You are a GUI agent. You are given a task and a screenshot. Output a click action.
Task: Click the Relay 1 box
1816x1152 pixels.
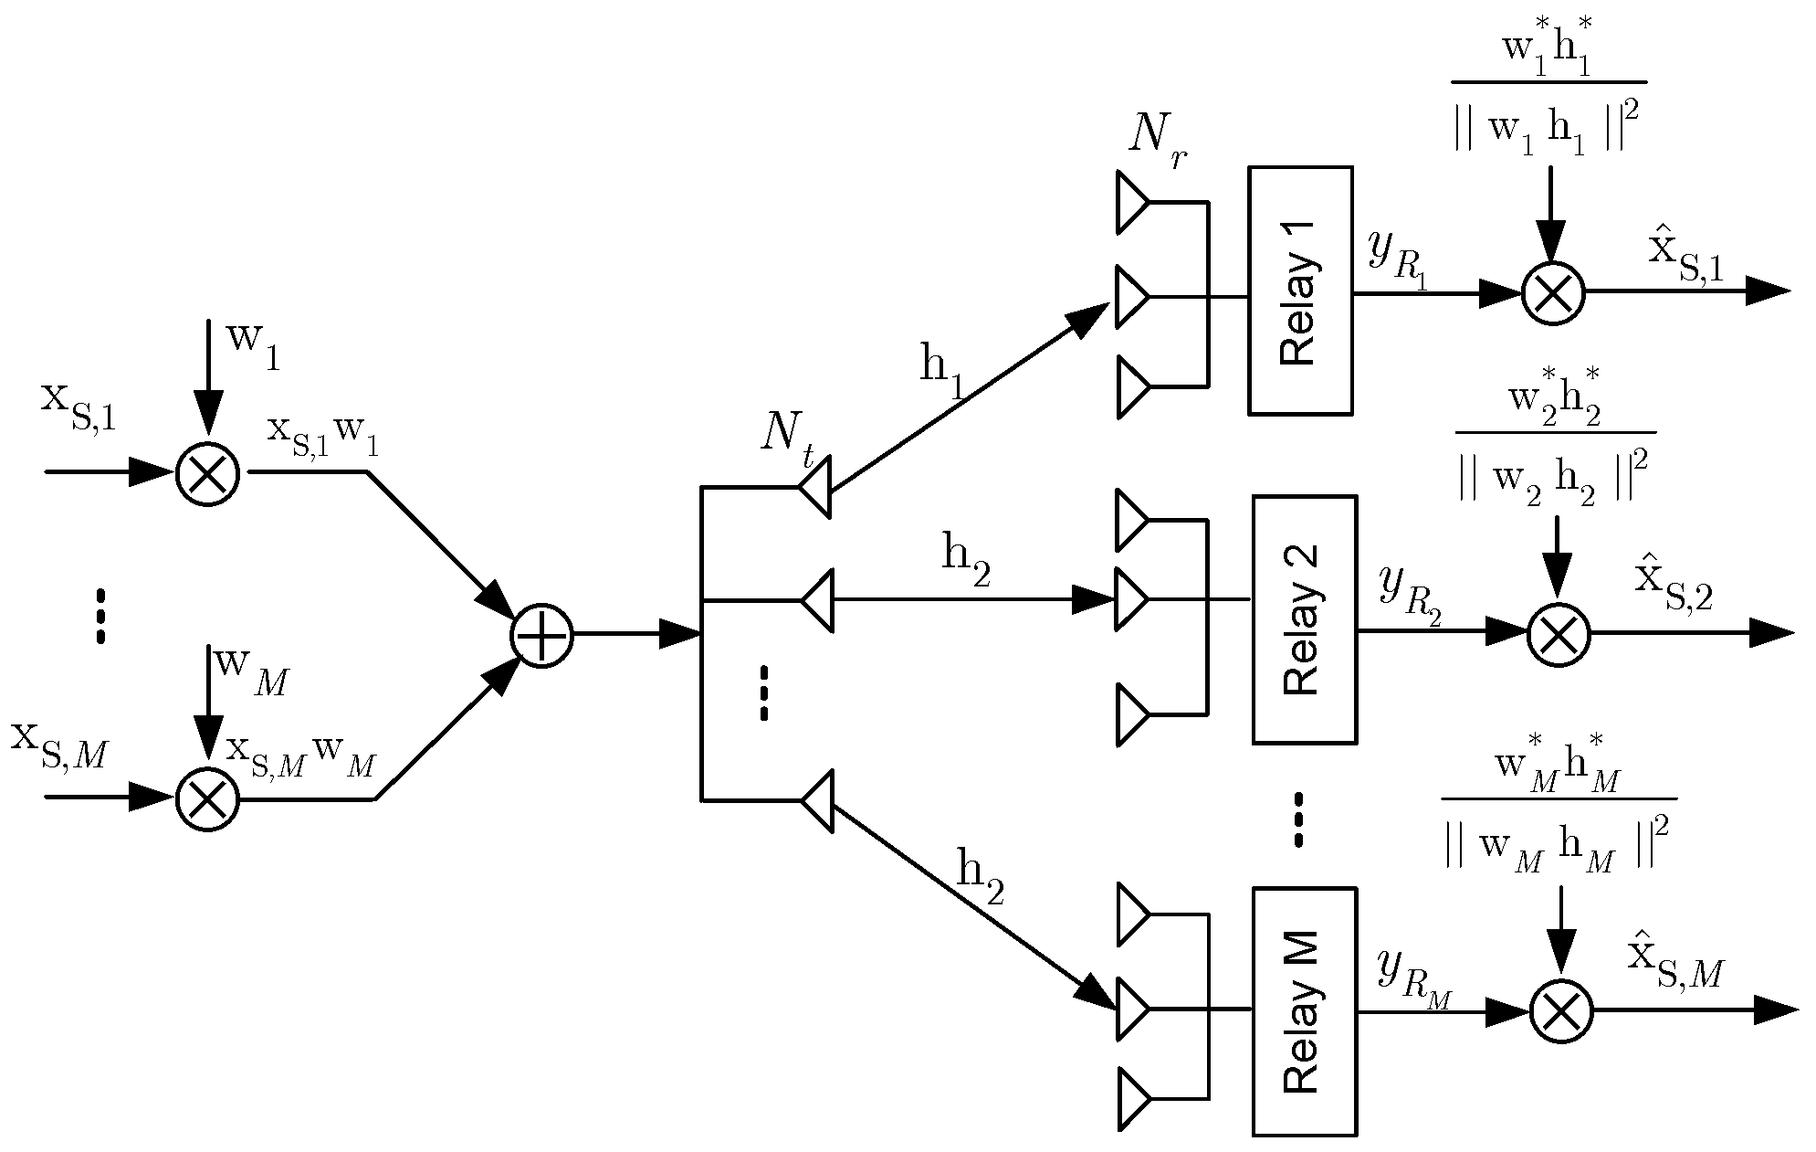(x=1299, y=291)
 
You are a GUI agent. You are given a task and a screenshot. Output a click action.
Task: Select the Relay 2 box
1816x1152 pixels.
(x=1304, y=619)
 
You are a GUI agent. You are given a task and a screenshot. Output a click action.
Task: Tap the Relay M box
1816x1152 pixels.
(x=1304, y=1011)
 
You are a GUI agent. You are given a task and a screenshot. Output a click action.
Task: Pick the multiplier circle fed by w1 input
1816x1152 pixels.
(x=207, y=473)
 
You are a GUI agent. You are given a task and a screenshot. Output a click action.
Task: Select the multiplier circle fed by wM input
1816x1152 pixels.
(x=207, y=799)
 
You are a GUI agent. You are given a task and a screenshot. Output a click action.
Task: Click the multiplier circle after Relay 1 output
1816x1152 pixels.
(x=1552, y=292)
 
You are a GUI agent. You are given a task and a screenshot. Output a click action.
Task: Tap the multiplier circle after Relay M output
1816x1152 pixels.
(x=1560, y=1011)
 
